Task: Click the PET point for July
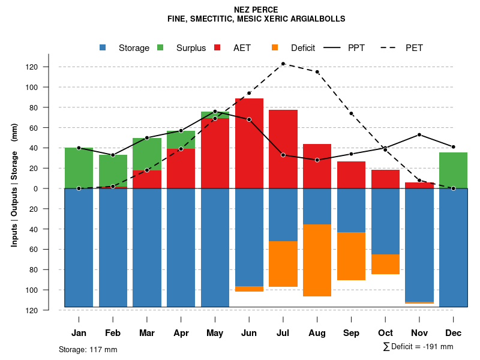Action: pyautogui.click(x=283, y=64)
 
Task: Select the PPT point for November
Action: pyautogui.click(x=419, y=134)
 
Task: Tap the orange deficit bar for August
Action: pyautogui.click(x=317, y=260)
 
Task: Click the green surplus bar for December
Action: pyautogui.click(x=454, y=170)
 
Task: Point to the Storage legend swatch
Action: pyautogui.click(x=103, y=47)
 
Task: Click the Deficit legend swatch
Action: pyautogui.click(x=275, y=47)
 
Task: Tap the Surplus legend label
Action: pyautogui.click(x=191, y=48)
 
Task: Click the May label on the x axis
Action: pyautogui.click(x=215, y=333)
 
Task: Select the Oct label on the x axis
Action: pyautogui.click(x=386, y=333)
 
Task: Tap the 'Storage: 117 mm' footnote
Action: pyautogui.click(x=88, y=349)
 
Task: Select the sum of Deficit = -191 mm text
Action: pyautogui.click(x=418, y=347)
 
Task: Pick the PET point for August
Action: pyautogui.click(x=317, y=72)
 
